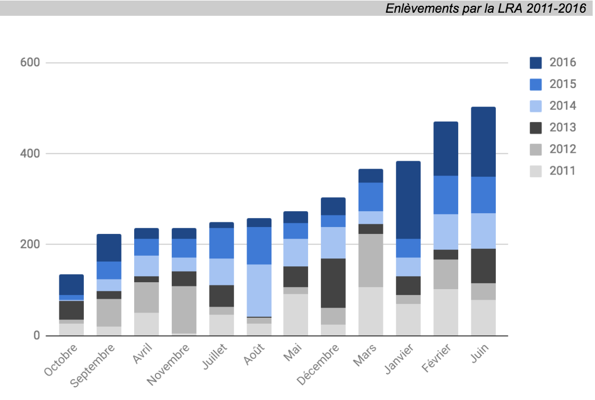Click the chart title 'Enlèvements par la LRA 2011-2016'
pos(486,8)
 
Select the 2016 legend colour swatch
pos(536,63)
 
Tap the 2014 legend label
pos(562,106)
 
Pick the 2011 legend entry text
pos(562,171)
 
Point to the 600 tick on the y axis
pos(31,63)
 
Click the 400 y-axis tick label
pos(31,154)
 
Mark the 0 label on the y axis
pos(36,335)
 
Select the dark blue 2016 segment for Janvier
pos(408,200)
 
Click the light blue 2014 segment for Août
pos(259,290)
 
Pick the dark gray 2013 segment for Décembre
pos(333,283)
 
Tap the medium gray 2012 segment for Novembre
pos(183,309)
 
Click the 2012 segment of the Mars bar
pos(371,260)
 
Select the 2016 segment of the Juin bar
pos(483,142)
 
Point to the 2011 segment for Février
pos(445,312)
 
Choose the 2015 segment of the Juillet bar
pos(221,243)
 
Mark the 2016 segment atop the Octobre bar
pos(71,284)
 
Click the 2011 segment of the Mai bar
pos(295,315)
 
